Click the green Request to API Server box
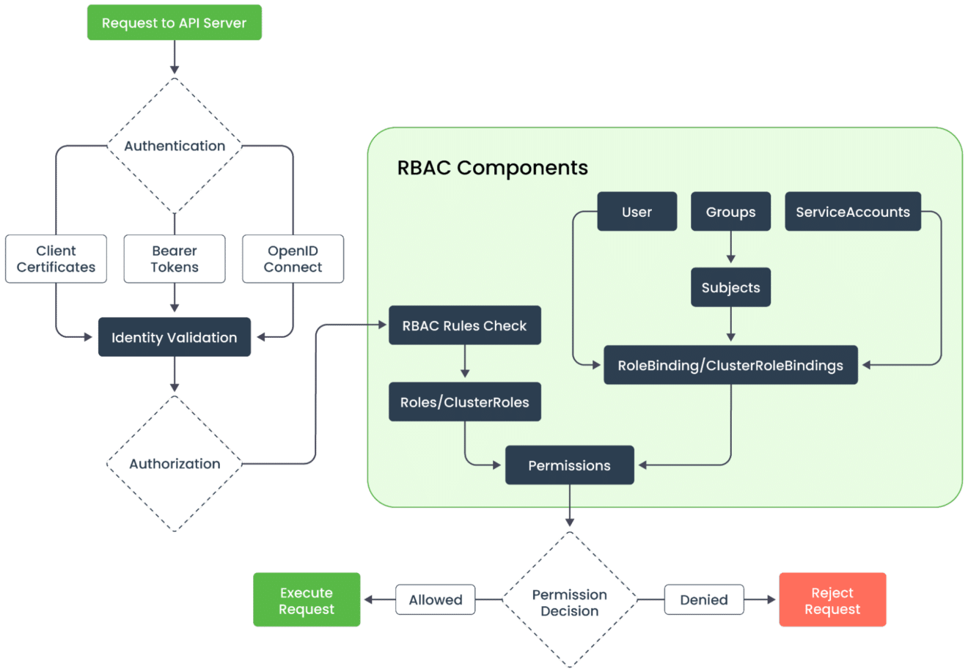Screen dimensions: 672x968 pos(174,23)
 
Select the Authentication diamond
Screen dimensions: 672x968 pos(175,146)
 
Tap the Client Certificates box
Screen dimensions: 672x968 pos(56,259)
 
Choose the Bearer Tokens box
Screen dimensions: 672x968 pos(175,259)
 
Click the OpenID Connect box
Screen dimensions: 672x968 pos(293,259)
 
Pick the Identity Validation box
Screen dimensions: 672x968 pos(174,337)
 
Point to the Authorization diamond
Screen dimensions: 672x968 pos(175,464)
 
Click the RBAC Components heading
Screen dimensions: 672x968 pos(492,168)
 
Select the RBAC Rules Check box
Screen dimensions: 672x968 pos(464,325)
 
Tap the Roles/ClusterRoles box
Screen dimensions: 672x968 pos(464,402)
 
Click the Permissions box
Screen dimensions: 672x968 pos(569,465)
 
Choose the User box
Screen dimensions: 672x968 pos(637,212)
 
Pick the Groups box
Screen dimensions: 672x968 pos(730,212)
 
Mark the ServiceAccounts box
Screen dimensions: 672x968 pos(852,212)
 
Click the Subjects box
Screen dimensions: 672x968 pos(730,287)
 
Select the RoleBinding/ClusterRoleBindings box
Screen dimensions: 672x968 pos(730,365)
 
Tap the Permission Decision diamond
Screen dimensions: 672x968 pos(569,602)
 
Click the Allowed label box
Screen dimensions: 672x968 pos(436,599)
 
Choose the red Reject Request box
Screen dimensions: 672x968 pos(832,600)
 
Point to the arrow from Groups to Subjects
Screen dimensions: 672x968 pos(730,248)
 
